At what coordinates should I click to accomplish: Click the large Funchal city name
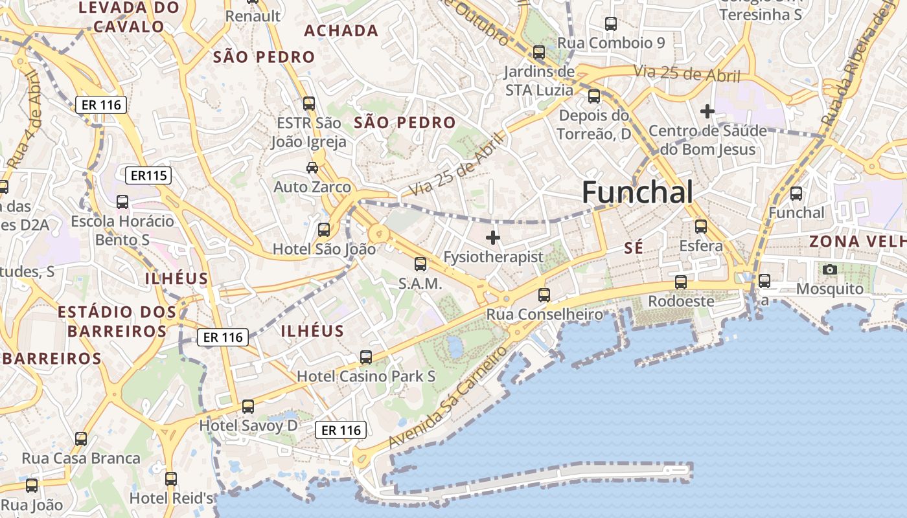point(637,192)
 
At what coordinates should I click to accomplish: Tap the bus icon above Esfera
point(700,227)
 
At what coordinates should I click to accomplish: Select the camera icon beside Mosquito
point(829,269)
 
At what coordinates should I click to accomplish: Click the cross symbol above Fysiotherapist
point(493,238)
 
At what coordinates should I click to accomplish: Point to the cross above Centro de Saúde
point(707,111)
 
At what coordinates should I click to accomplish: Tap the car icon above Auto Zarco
point(312,168)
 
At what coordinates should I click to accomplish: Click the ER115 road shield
point(148,175)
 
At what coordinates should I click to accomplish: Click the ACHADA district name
point(341,30)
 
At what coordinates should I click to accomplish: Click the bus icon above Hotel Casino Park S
point(366,357)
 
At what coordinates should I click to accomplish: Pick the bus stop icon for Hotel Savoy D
point(248,407)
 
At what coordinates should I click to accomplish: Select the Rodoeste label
point(681,301)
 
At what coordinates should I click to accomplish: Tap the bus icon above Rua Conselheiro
point(544,295)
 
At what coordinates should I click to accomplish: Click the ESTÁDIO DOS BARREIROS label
point(117,322)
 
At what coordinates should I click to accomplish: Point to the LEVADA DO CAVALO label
point(128,17)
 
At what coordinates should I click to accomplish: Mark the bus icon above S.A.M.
point(420,264)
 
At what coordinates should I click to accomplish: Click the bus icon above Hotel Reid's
point(171,479)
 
